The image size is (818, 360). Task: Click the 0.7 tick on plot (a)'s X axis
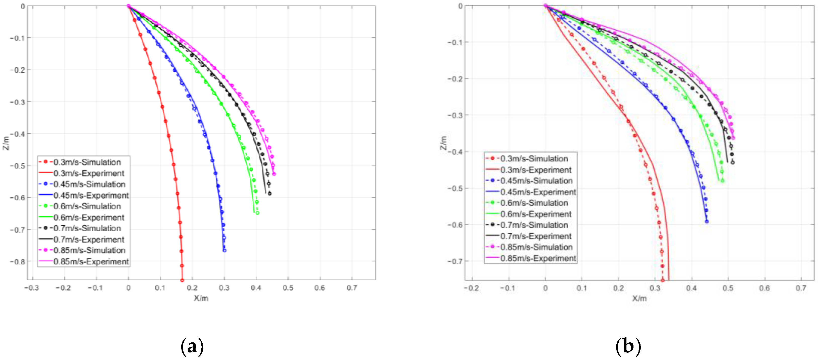[351, 288]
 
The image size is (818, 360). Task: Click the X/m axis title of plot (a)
[201, 298]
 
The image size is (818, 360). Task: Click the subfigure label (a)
[192, 346]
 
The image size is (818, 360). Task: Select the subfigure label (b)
[628, 346]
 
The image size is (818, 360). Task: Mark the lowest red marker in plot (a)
[182, 280]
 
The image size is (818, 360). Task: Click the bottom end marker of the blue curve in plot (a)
[224, 250]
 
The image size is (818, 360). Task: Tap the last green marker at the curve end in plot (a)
[257, 213]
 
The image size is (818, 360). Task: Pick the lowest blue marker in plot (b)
[707, 221]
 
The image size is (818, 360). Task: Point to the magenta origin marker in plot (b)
[545, 5]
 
